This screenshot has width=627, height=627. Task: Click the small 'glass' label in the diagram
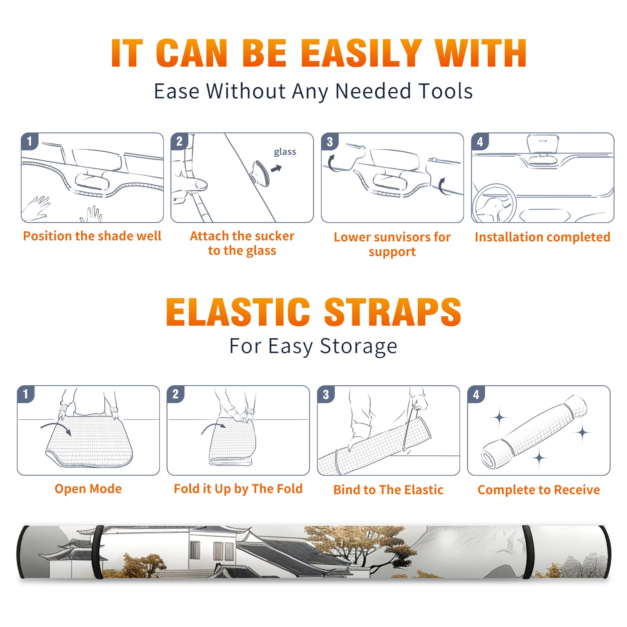coord(285,152)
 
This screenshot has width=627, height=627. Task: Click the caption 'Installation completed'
coord(542,237)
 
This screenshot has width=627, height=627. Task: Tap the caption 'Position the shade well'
coord(92,236)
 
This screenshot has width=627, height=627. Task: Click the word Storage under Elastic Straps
coord(359,346)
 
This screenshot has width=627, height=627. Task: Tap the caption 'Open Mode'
coord(88,489)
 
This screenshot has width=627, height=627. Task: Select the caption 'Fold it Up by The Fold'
coord(238,489)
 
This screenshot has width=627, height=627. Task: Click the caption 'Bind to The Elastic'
coord(388,490)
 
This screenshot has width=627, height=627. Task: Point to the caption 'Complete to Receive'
coord(539,490)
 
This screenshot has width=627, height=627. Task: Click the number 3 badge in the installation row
coord(330,141)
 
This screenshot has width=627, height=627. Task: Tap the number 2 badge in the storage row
coord(176,394)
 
